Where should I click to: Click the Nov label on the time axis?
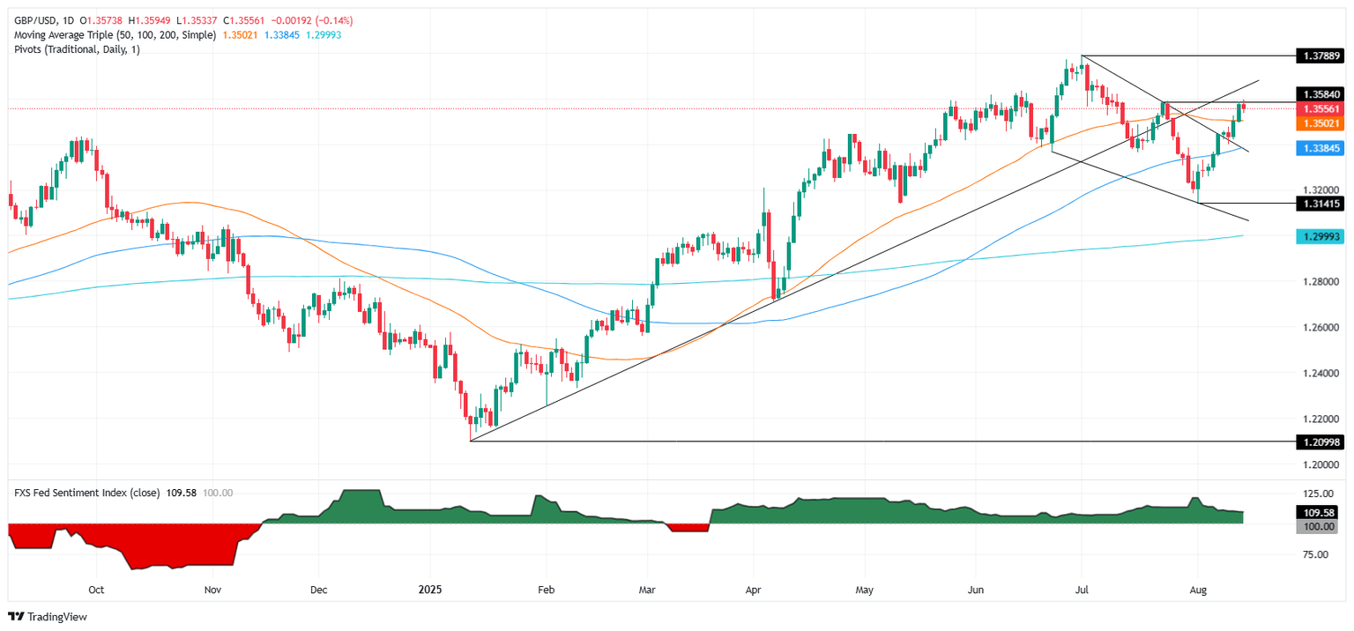[212, 590]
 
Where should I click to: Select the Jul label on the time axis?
[1082, 590]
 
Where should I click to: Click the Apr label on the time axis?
[754, 590]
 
